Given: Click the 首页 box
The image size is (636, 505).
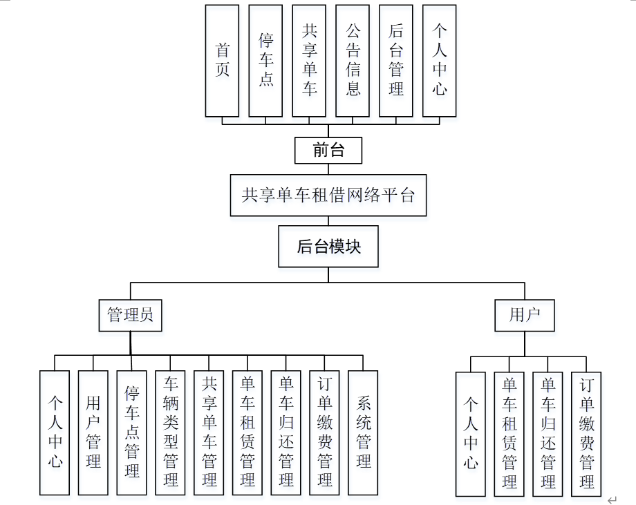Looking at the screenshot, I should point(222,61).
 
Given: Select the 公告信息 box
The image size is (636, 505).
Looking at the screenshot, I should point(353,61).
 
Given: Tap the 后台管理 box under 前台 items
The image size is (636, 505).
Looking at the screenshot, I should point(396,61).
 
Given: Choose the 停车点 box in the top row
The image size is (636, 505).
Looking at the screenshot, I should point(265,61).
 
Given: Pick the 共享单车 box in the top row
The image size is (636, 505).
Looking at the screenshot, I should point(309,61).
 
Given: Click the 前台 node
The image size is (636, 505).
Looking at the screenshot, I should point(328,150).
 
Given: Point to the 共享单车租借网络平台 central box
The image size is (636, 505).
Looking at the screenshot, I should point(328,196).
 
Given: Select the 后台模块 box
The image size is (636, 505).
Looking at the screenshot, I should point(328,247).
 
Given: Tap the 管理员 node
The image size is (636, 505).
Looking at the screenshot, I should point(130,316).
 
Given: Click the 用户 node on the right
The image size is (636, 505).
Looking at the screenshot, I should point(525,316).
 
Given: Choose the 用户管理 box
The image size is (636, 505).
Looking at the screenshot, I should point(93,432).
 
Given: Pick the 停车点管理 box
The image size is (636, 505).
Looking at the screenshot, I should point(132,432).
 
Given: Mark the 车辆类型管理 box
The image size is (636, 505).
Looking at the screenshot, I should point(171,432).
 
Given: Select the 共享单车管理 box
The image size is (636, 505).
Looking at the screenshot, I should point(209,432).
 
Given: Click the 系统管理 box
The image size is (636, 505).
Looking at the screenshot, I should point(363,432).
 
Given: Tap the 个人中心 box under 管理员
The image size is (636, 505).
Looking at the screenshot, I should point(55,432).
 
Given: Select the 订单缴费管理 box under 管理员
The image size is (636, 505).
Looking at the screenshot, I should point(324,432).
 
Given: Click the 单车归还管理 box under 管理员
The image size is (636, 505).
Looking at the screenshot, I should point(286,432).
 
